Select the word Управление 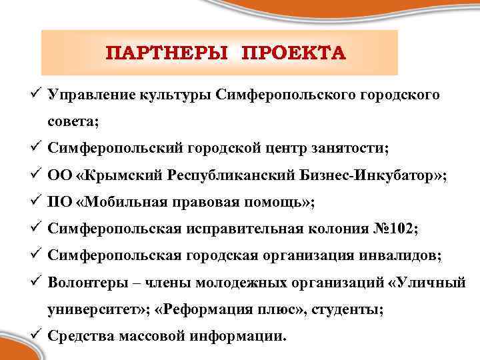click(x=92, y=95)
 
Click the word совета click(x=73, y=122)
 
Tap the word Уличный click(x=431, y=283)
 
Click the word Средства click(x=80, y=335)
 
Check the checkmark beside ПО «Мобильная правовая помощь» click(x=37, y=201)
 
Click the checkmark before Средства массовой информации click(x=37, y=335)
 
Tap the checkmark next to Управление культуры click(x=37, y=95)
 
